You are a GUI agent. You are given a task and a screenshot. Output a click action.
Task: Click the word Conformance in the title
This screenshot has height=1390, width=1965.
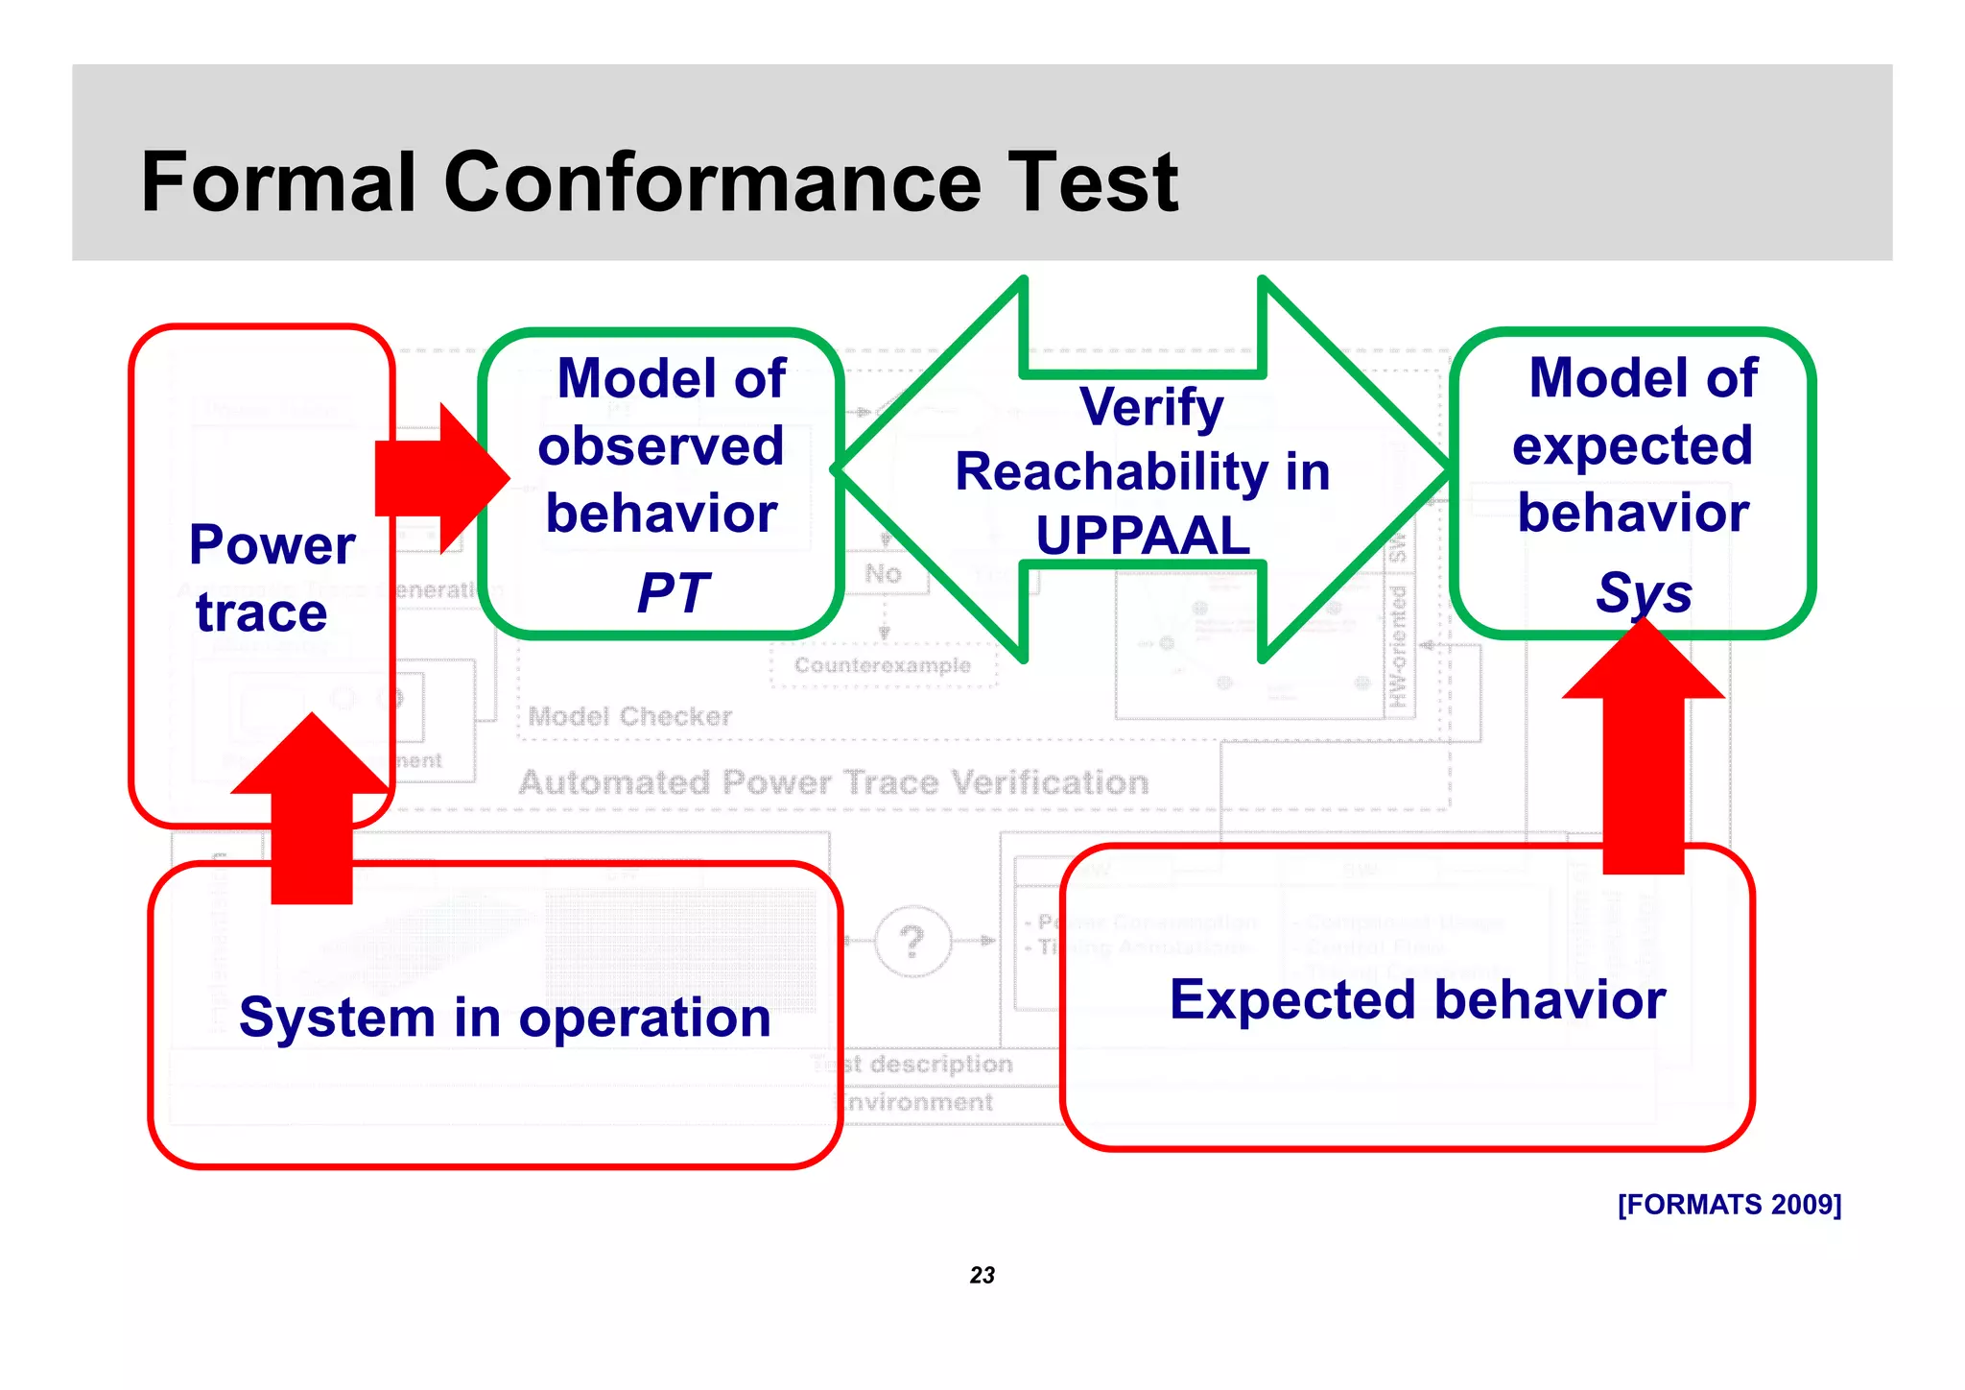pyautogui.click(x=711, y=182)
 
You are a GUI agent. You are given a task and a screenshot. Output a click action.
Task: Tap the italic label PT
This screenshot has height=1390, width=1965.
pyautogui.click(x=673, y=592)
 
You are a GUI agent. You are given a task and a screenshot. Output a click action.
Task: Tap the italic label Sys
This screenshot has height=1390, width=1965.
pyautogui.click(x=1644, y=592)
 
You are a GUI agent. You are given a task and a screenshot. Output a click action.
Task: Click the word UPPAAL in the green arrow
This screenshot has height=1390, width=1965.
pyautogui.click(x=1143, y=536)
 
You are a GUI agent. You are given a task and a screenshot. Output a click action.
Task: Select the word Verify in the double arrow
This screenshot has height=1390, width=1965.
pyautogui.click(x=1150, y=407)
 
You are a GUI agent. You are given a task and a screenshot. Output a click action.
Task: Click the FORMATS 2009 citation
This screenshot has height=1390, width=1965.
pyautogui.click(x=1729, y=1204)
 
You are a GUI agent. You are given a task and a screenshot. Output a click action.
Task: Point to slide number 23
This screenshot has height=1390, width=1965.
pyautogui.click(x=982, y=1275)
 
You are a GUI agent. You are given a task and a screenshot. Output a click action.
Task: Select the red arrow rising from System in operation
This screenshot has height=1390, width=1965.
pyautogui.click(x=312, y=811)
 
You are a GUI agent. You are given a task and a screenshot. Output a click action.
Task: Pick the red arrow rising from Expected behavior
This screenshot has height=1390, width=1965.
pyautogui.click(x=1643, y=749)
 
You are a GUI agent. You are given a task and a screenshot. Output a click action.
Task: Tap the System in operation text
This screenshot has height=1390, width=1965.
pyautogui.click(x=505, y=1018)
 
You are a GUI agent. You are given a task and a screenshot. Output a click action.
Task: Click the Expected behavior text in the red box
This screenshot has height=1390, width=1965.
pyautogui.click(x=1417, y=999)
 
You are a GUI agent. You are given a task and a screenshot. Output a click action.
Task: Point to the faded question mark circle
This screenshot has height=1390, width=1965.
pyautogui.click(x=912, y=941)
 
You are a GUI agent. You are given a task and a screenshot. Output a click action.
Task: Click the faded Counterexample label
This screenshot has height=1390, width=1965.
pyautogui.click(x=882, y=665)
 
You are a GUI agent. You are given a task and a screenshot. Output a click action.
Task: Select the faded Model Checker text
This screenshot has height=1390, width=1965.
pyautogui.click(x=629, y=716)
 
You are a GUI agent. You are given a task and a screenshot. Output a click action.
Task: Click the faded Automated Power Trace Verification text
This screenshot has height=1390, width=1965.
pyautogui.click(x=833, y=782)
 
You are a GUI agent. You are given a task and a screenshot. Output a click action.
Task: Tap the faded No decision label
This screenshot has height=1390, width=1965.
pyautogui.click(x=883, y=574)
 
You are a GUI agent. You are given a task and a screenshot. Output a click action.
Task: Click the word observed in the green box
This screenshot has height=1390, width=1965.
pyautogui.click(x=661, y=446)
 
